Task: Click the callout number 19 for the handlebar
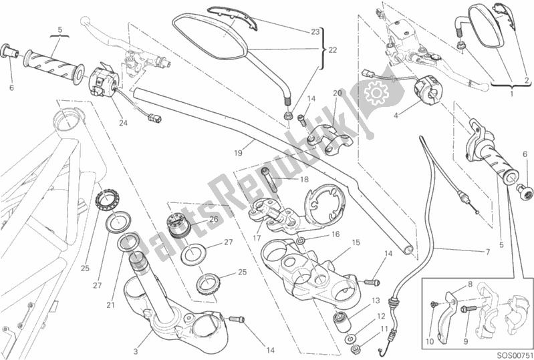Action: coord(239,153)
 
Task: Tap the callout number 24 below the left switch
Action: coord(123,122)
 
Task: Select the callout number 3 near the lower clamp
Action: coord(136,351)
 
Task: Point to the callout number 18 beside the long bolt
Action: coord(304,180)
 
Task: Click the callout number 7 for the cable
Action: coord(488,252)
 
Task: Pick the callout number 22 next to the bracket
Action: coord(332,50)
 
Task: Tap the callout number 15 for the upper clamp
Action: coord(356,242)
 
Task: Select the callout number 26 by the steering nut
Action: coord(213,220)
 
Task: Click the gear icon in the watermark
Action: coord(376,92)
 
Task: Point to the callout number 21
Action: coord(110,305)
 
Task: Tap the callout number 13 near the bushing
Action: coord(376,301)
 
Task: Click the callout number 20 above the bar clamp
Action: coord(337,94)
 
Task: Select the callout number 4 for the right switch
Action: coord(396,116)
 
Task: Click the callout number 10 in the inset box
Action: coord(430,341)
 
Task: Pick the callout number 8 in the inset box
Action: coord(470,285)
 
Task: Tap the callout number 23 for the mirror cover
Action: coord(315,31)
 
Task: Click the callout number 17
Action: coord(257,238)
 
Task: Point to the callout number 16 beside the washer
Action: coord(336,234)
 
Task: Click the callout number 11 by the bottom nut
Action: coord(384,329)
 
